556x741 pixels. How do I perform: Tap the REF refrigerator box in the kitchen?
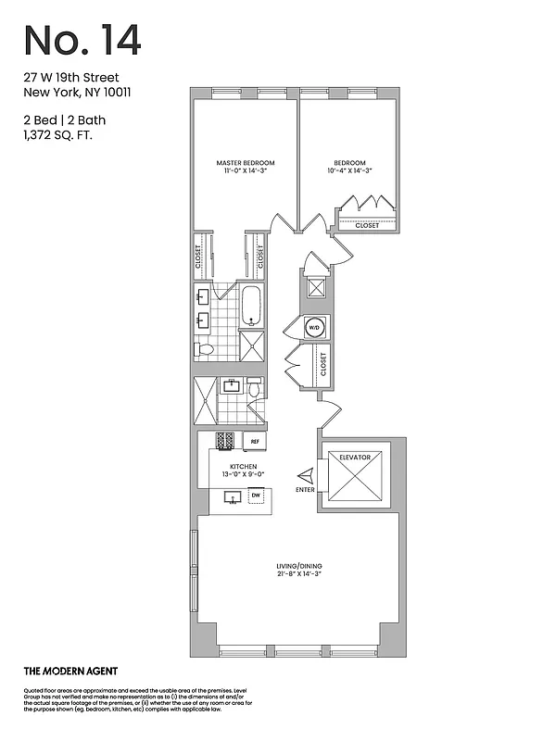click(x=251, y=442)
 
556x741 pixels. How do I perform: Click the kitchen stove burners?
click(x=225, y=441)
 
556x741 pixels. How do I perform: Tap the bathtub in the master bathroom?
click(x=252, y=306)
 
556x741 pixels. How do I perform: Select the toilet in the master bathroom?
click(x=205, y=350)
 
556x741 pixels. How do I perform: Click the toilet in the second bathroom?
click(x=254, y=385)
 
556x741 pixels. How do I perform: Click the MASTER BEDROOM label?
click(x=245, y=163)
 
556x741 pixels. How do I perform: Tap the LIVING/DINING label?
click(x=297, y=565)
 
